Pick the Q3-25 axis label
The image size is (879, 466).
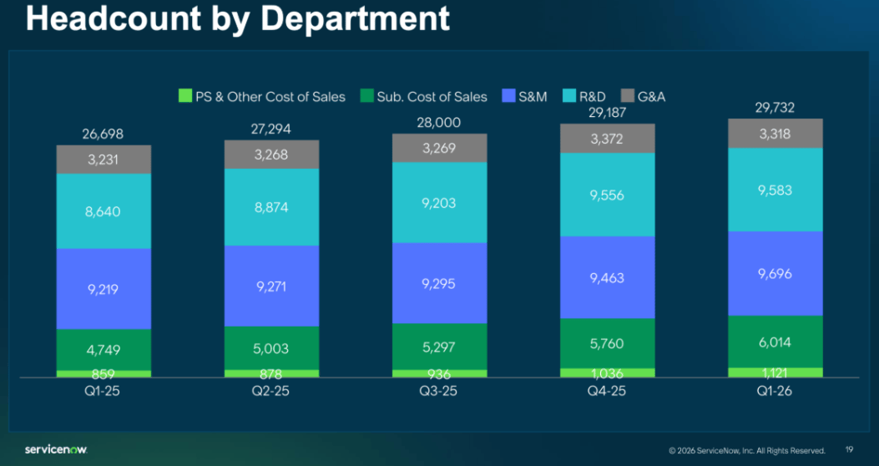point(440,390)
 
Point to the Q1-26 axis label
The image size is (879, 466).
point(775,390)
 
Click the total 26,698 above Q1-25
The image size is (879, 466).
point(104,134)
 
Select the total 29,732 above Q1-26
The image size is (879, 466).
point(775,107)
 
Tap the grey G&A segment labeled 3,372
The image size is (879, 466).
point(608,139)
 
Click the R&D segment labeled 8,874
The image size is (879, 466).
point(271,207)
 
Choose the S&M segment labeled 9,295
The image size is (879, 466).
point(440,283)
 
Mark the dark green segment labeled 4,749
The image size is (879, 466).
point(104,350)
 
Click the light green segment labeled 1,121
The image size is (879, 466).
point(775,372)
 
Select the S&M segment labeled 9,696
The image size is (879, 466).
point(775,273)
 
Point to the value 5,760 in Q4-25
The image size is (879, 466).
point(608,343)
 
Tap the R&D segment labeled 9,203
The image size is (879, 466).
point(440,202)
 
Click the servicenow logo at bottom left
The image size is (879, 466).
point(56,450)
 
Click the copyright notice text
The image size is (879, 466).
point(747,451)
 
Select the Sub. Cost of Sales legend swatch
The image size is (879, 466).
point(366,97)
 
